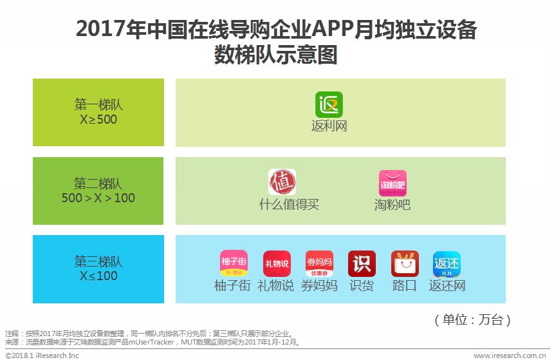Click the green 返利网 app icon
pos(329,105)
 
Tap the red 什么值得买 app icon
pos(282,182)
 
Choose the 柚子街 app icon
pos(234,263)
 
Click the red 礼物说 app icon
pos(276,263)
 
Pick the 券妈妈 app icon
pos(319,263)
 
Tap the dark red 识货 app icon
pos(362,263)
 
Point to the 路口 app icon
pos(405,263)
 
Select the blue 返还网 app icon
pos(447,263)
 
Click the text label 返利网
pos(329,126)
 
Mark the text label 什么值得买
pos(289,205)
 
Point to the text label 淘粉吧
pos(392,205)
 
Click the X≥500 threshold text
pos(98,119)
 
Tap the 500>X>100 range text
pos(98,198)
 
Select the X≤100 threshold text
pos(98,276)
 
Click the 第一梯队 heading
pos(98,105)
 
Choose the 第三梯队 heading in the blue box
pos(98,261)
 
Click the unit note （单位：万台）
pos(473,319)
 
